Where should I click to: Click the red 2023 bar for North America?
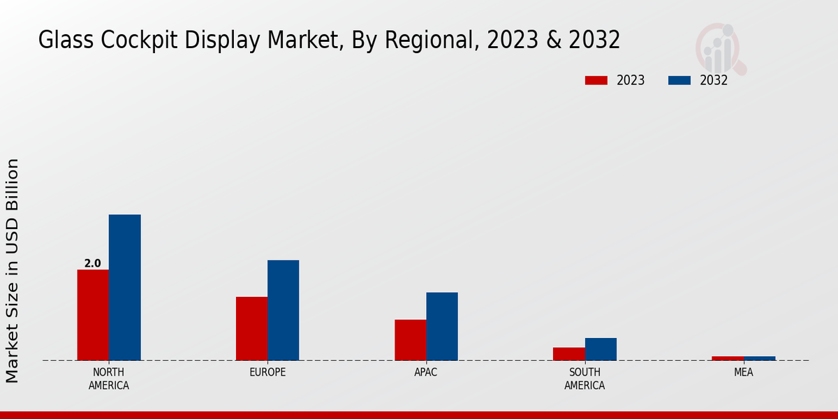click(x=93, y=315)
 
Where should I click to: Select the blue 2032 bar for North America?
click(x=124, y=288)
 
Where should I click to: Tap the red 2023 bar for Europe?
click(x=251, y=329)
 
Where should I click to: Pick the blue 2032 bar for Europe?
click(x=283, y=311)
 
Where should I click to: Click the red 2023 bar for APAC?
click(x=410, y=340)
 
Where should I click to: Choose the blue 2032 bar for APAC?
click(x=442, y=327)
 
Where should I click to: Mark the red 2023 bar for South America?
click(x=568, y=354)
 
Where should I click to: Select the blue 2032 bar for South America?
click(x=601, y=349)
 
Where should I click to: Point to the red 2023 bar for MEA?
click(x=728, y=358)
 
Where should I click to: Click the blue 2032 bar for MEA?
click(x=759, y=358)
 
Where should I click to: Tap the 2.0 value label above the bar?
click(x=92, y=263)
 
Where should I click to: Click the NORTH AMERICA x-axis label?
click(x=108, y=378)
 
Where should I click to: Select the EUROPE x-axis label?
click(x=267, y=372)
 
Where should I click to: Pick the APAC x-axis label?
click(x=426, y=372)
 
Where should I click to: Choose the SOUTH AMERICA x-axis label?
click(x=585, y=378)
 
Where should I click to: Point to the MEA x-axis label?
click(x=743, y=372)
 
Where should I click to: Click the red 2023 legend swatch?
click(x=596, y=80)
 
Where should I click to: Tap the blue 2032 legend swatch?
click(x=679, y=80)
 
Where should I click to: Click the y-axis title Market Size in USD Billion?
click(x=13, y=270)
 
